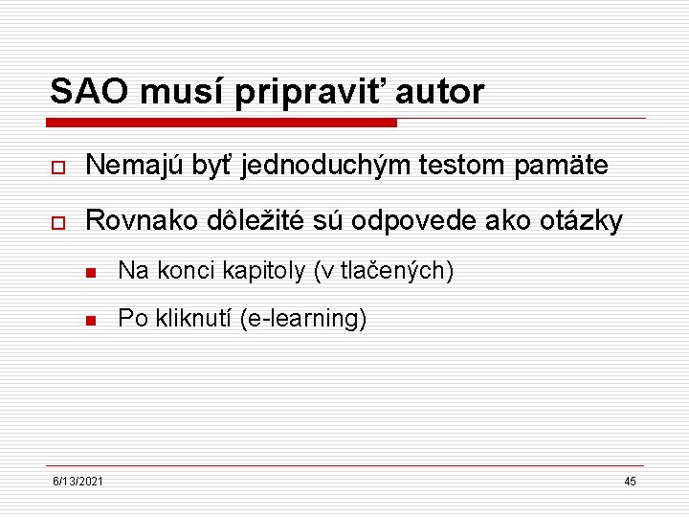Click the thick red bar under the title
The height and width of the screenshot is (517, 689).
pos(221,123)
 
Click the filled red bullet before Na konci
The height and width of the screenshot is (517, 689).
pos(92,273)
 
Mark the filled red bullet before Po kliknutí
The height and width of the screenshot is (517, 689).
pos(92,320)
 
